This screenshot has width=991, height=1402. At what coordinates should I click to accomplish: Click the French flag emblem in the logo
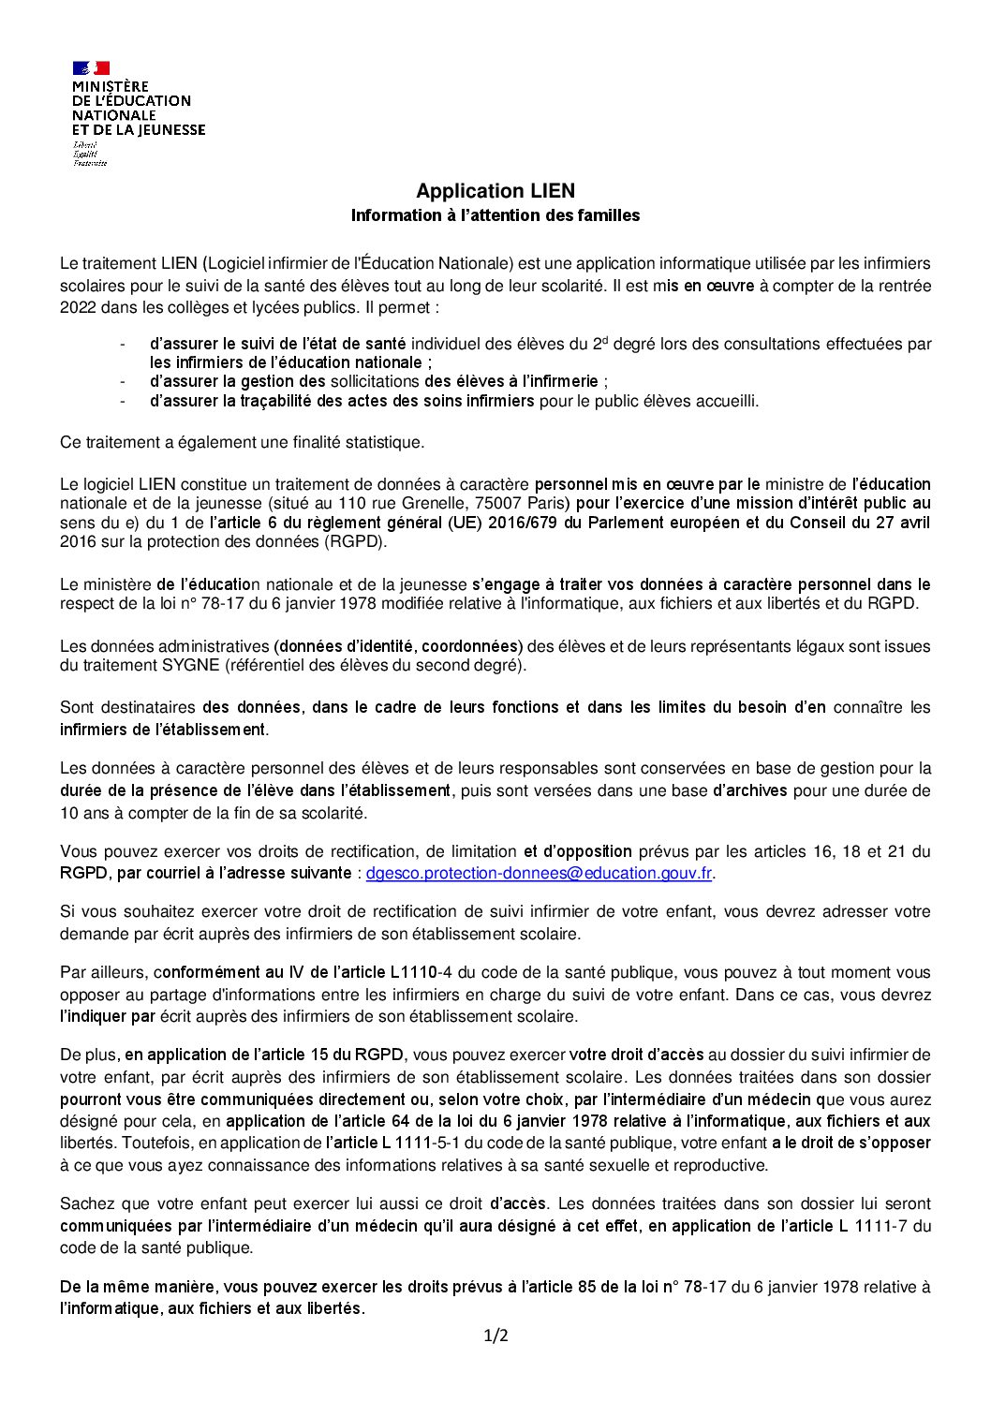tap(91, 67)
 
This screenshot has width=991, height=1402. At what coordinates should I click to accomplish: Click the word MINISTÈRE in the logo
tap(111, 86)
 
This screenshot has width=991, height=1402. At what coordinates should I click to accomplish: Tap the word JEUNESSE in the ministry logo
tap(169, 130)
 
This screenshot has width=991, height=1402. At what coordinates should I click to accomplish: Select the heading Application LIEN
tap(495, 191)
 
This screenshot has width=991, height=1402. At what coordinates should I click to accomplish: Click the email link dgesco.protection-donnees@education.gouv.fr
tap(540, 873)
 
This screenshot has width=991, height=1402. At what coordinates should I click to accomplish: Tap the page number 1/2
tap(495, 1336)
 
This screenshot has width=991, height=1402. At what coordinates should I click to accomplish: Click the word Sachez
tap(83, 1203)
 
